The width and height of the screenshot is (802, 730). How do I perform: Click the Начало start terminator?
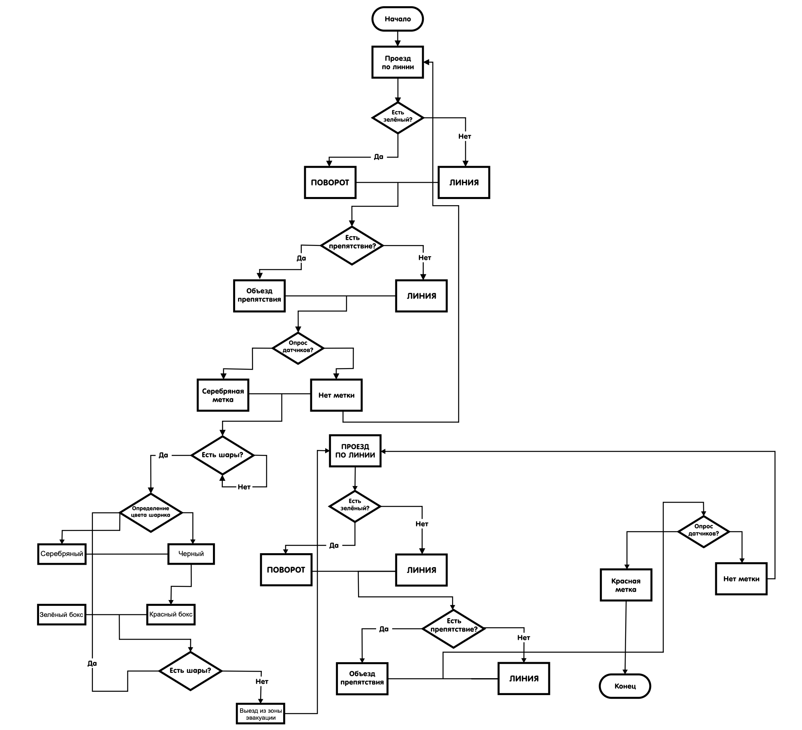click(397, 19)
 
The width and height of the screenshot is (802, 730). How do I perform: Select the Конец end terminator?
click(625, 686)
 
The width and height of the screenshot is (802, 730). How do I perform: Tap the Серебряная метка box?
click(223, 395)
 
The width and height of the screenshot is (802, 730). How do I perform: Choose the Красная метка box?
click(626, 585)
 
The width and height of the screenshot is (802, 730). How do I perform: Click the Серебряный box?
click(62, 554)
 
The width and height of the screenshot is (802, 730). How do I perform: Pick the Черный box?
click(191, 554)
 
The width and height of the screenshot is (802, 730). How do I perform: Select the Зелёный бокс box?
click(62, 615)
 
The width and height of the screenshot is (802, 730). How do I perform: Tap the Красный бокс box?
click(171, 615)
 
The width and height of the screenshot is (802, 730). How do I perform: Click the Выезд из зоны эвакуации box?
click(261, 714)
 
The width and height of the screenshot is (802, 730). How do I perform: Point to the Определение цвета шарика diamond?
click(151, 513)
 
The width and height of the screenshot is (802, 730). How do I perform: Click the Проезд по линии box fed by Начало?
click(398, 62)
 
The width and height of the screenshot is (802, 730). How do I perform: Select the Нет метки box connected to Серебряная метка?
click(336, 395)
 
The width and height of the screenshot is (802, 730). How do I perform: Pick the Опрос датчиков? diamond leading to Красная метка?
click(703, 532)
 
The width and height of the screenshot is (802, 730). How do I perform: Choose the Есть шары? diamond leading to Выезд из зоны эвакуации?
click(190, 671)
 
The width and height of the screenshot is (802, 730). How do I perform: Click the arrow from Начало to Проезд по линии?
click(398, 38)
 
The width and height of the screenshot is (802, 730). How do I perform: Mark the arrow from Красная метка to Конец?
click(625, 637)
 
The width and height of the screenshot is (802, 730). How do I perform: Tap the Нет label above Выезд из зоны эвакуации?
click(262, 681)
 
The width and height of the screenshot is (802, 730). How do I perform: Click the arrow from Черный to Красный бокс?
click(181, 586)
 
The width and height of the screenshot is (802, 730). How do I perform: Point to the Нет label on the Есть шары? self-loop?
click(244, 487)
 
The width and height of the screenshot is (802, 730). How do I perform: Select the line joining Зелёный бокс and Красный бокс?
click(116, 615)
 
